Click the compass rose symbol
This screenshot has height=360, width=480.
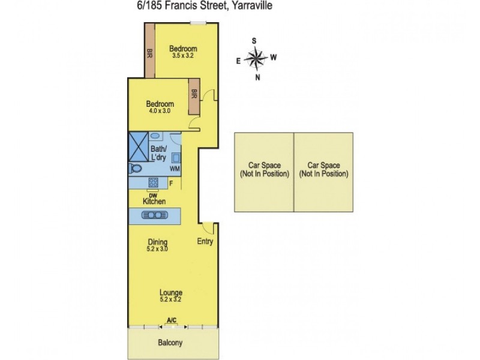click(x=256, y=58)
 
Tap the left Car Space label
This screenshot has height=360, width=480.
click(x=263, y=169)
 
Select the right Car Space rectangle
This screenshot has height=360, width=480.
click(x=323, y=172)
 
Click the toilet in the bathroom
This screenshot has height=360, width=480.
click(x=134, y=169)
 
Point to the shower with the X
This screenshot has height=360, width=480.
click(x=139, y=146)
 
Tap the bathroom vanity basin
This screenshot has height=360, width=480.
click(x=155, y=136)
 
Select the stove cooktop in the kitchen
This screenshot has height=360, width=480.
click(x=153, y=183)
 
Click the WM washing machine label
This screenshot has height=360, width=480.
click(x=175, y=169)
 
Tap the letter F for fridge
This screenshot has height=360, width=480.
click(x=172, y=182)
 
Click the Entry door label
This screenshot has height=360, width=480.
click(x=205, y=242)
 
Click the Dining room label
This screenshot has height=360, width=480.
click(x=158, y=242)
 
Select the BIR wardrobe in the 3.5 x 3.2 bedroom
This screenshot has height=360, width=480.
click(x=149, y=53)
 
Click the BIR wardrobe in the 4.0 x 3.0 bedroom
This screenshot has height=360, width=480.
click(x=194, y=94)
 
